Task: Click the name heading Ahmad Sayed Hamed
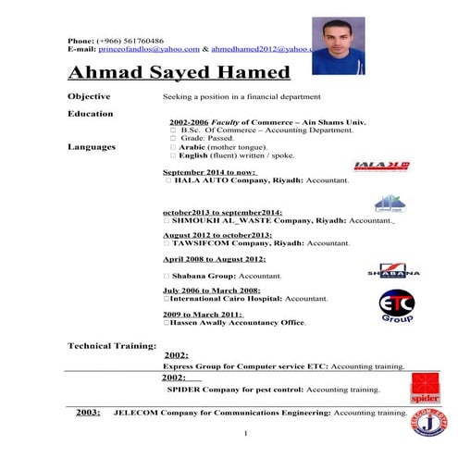[179, 72]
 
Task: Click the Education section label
[91, 114]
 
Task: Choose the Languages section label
[92, 146]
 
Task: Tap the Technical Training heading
[111, 345]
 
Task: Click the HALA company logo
[381, 167]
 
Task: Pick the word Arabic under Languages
[185, 146]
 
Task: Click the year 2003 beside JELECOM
[88, 412]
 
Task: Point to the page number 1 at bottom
[245, 434]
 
